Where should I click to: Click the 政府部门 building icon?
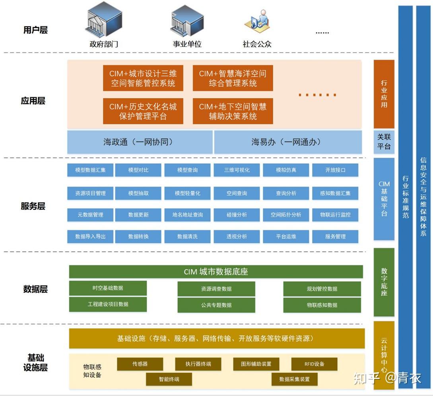click(x=103, y=20)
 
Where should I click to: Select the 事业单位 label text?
click(x=187, y=44)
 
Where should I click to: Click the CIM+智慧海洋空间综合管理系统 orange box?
click(x=233, y=78)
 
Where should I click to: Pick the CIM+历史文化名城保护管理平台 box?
click(x=143, y=111)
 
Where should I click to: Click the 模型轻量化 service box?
click(x=187, y=193)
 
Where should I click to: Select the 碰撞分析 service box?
click(x=237, y=215)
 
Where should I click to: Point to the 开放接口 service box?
click(x=335, y=170)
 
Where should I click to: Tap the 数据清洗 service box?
click(x=187, y=237)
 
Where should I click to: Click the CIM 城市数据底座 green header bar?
click(x=216, y=272)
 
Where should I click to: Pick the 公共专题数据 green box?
click(x=216, y=305)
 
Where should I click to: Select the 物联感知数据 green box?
click(x=322, y=305)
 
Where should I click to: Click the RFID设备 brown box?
click(x=314, y=364)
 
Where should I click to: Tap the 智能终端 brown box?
click(x=169, y=379)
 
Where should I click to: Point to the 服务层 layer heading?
click(x=33, y=206)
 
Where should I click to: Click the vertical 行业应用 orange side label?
click(x=384, y=94)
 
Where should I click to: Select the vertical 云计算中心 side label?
click(x=384, y=355)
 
